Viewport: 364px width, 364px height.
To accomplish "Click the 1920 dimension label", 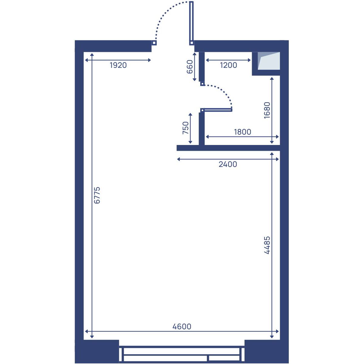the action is (118, 65).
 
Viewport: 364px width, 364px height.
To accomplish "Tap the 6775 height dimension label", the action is (97, 195).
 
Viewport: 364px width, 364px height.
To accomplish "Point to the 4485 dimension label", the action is (267, 245).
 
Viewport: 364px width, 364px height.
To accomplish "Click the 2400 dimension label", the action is (228, 164).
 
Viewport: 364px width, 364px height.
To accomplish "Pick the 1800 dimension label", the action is (243, 132).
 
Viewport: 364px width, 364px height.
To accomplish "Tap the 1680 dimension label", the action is (267, 110).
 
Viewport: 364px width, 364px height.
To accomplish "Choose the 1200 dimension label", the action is (228, 65).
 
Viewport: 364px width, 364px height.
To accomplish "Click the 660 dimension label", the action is (190, 67).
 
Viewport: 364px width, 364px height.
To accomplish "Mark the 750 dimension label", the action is (186, 128).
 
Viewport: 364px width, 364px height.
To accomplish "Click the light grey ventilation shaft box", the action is (269, 61).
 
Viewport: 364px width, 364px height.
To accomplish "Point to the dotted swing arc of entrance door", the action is (166, 13).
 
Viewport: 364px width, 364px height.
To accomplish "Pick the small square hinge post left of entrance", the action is (154, 43).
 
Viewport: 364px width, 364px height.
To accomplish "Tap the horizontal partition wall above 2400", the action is (228, 148).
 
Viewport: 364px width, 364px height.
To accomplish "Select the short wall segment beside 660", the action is (202, 66).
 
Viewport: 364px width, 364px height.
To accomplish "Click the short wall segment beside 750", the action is (202, 129).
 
